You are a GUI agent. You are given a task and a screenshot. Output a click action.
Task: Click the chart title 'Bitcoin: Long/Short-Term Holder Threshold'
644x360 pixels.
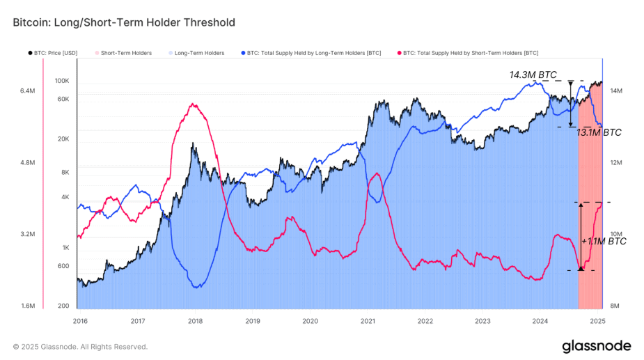[124, 22]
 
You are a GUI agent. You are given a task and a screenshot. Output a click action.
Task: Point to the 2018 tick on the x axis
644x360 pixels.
[196, 321]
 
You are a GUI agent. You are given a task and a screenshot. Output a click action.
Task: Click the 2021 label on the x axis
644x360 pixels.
[368, 321]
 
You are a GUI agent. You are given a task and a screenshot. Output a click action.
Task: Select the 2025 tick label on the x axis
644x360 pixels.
[597, 321]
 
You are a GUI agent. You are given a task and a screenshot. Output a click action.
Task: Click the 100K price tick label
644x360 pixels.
[62, 81]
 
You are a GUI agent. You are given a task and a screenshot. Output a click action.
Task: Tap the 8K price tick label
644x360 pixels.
[65, 172]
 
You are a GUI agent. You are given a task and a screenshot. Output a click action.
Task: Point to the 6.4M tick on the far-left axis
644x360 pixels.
[27, 91]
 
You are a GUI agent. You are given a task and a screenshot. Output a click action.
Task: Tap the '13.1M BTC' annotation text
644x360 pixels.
[599, 132]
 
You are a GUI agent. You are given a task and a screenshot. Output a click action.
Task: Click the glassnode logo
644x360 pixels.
[597, 346]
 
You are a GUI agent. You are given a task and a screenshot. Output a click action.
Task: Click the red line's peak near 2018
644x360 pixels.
[193, 104]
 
